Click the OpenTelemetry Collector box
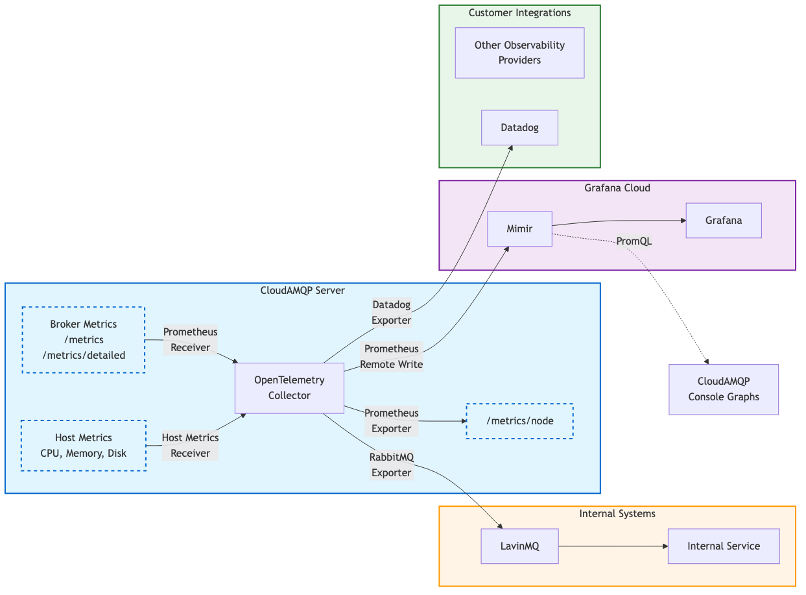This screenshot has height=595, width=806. tap(289, 388)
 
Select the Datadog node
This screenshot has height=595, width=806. tap(519, 128)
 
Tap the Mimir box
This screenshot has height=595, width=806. tap(519, 228)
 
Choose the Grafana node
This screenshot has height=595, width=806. tap(723, 221)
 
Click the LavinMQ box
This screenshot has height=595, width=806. tap(519, 546)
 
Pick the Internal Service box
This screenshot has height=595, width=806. tap(723, 546)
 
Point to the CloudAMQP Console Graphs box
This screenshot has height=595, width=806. tap(723, 389)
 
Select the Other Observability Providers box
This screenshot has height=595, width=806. tap(519, 53)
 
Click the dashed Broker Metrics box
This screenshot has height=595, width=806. tap(83, 340)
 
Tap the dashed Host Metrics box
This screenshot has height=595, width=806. tap(83, 445)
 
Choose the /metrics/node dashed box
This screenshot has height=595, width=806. tap(519, 421)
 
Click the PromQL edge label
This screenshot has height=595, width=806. tap(634, 241)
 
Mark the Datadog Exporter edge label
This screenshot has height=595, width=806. tap(391, 312)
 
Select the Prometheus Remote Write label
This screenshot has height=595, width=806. tap(391, 357)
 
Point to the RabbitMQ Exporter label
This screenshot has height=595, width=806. tap(391, 465)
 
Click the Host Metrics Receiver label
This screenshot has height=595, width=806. tap(190, 446)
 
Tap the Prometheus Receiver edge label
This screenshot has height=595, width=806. tap(190, 340)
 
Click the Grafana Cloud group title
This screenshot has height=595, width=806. tap(617, 188)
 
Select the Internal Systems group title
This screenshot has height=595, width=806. tap(617, 514)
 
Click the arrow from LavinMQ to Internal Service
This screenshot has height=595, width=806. tap(613, 546)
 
